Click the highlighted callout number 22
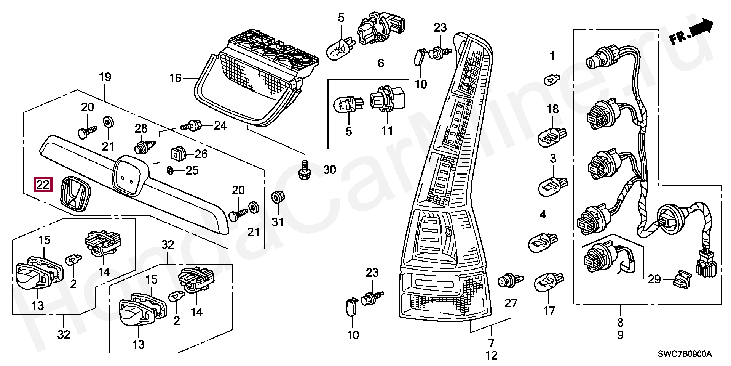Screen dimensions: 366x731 tap(42, 185)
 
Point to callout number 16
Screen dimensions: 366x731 tap(175, 79)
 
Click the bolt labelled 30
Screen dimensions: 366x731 tap(305, 170)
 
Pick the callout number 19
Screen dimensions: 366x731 tap(105, 77)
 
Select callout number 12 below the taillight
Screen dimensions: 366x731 tap(492, 356)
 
